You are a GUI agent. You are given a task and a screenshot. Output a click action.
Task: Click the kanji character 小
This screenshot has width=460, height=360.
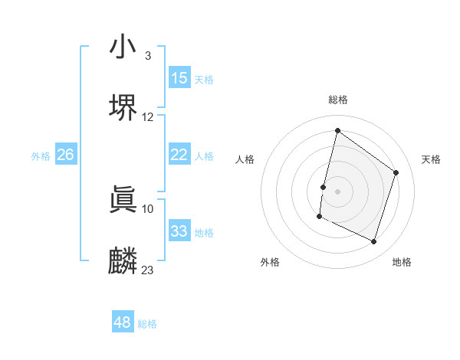click(123, 47)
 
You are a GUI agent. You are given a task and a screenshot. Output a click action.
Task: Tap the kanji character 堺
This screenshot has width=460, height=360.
click(123, 107)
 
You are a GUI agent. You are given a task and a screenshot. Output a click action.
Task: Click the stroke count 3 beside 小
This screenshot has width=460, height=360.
click(147, 56)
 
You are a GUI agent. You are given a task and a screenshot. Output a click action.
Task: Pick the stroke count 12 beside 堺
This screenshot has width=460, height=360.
click(148, 117)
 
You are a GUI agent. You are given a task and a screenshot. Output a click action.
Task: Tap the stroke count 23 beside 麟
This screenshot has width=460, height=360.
click(148, 270)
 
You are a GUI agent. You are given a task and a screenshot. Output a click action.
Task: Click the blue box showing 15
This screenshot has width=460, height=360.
click(179, 78)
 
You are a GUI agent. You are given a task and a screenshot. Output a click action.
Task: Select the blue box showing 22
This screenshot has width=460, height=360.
click(179, 155)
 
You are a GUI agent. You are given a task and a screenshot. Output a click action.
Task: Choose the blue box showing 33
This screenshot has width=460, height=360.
click(179, 231)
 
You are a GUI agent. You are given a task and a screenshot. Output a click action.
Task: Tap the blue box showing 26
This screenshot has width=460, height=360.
click(65, 155)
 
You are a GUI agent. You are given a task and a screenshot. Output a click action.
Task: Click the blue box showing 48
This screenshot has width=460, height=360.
click(123, 322)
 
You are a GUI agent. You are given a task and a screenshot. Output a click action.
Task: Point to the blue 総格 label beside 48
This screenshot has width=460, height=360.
click(147, 324)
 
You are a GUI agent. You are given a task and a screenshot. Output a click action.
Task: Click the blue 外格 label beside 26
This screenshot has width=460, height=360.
click(41, 156)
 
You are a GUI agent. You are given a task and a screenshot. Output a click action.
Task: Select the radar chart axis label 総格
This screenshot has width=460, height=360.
click(338, 100)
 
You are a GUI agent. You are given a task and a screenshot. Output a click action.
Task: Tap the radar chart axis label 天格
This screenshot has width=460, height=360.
click(431, 159)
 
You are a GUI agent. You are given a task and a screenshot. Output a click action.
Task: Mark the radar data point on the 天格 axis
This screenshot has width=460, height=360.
click(396, 172)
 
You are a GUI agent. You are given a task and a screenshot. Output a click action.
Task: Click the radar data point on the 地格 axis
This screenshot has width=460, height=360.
click(374, 242)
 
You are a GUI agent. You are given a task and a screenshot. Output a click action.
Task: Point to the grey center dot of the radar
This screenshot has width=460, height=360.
click(338, 191)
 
